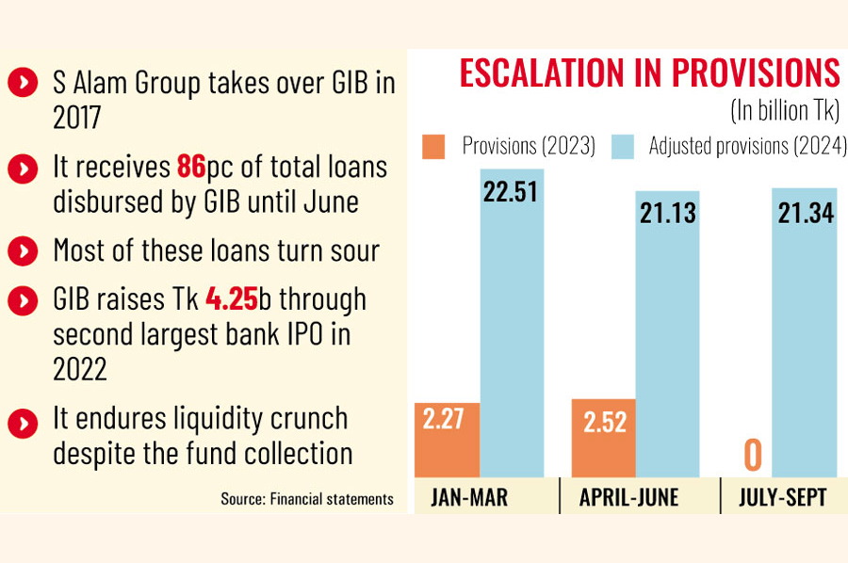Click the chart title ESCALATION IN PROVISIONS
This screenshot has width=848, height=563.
point(649,73)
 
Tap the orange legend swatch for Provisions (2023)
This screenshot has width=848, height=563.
point(433,147)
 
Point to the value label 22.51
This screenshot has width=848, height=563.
point(511,191)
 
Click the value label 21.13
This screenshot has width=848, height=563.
point(667,213)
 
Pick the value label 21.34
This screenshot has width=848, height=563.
point(806,213)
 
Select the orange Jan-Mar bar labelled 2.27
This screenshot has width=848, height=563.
point(447,441)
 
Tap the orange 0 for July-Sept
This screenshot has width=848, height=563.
point(752,455)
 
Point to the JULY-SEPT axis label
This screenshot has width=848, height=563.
point(784,497)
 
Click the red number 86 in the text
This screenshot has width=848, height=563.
point(191,168)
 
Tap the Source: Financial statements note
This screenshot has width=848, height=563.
point(307,498)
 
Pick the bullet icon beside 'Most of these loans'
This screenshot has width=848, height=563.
point(20,251)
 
